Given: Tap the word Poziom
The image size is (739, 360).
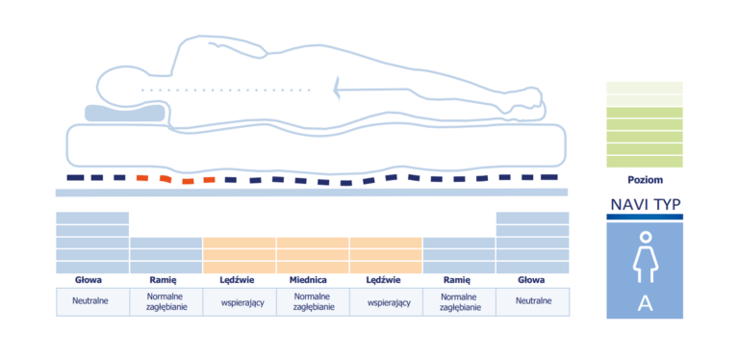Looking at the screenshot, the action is [646, 180].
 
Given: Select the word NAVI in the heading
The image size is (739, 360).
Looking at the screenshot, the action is [629, 204].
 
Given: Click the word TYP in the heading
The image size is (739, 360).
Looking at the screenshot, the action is [667, 204].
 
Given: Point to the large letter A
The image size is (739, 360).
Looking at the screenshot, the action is [645, 304].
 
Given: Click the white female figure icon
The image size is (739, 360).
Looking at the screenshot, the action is [645, 257].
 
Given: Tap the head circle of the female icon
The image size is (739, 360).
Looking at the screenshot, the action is [645, 237].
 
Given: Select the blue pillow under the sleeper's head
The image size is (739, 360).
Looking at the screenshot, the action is [125, 113].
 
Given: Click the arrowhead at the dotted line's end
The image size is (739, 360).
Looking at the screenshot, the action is [336, 90].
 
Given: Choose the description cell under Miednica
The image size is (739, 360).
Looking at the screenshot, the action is [312, 301].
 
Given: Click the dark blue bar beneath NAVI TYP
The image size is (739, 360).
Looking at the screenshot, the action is [645, 217].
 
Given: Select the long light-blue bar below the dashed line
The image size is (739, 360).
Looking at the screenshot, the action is [312, 193].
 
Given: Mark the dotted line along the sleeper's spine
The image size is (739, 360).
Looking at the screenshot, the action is [225, 90].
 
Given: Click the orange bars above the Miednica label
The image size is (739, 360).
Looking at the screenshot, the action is [313, 255].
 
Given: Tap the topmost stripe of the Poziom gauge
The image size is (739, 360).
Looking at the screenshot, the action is [645, 88].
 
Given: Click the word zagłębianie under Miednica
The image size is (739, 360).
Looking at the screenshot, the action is [312, 307].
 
